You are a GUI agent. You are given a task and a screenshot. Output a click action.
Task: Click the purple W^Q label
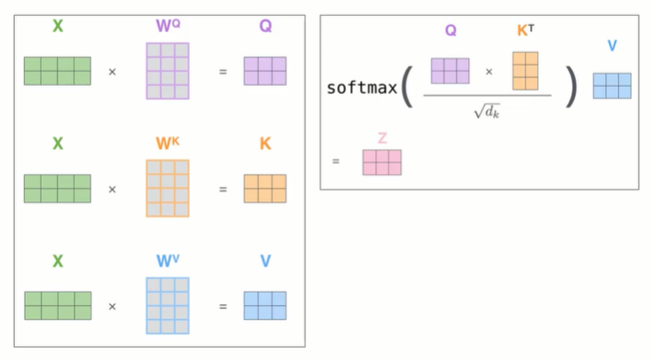168,26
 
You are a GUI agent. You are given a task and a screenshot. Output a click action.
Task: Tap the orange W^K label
168,144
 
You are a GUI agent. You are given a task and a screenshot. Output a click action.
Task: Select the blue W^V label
168,262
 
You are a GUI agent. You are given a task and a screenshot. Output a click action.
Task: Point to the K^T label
527,31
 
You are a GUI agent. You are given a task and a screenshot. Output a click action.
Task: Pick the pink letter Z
381,137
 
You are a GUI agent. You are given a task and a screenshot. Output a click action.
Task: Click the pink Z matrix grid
381,162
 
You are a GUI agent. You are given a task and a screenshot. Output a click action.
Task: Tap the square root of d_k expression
488,112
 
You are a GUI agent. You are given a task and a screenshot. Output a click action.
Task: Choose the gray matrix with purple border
168,70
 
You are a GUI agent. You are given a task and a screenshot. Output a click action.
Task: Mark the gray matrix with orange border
168,188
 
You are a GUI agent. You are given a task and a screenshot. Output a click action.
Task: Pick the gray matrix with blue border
168,306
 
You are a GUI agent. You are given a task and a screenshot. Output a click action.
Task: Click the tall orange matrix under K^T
525,71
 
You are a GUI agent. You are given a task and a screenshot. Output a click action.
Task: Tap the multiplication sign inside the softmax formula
489,71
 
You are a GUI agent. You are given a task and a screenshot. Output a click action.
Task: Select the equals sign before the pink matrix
336,162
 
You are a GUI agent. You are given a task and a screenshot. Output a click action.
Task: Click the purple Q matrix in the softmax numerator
450,70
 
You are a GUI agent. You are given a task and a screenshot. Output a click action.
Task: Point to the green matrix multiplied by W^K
58,188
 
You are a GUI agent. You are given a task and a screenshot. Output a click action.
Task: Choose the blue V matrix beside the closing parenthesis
612,85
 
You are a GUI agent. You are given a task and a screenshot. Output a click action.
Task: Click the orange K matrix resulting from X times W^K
265,188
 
